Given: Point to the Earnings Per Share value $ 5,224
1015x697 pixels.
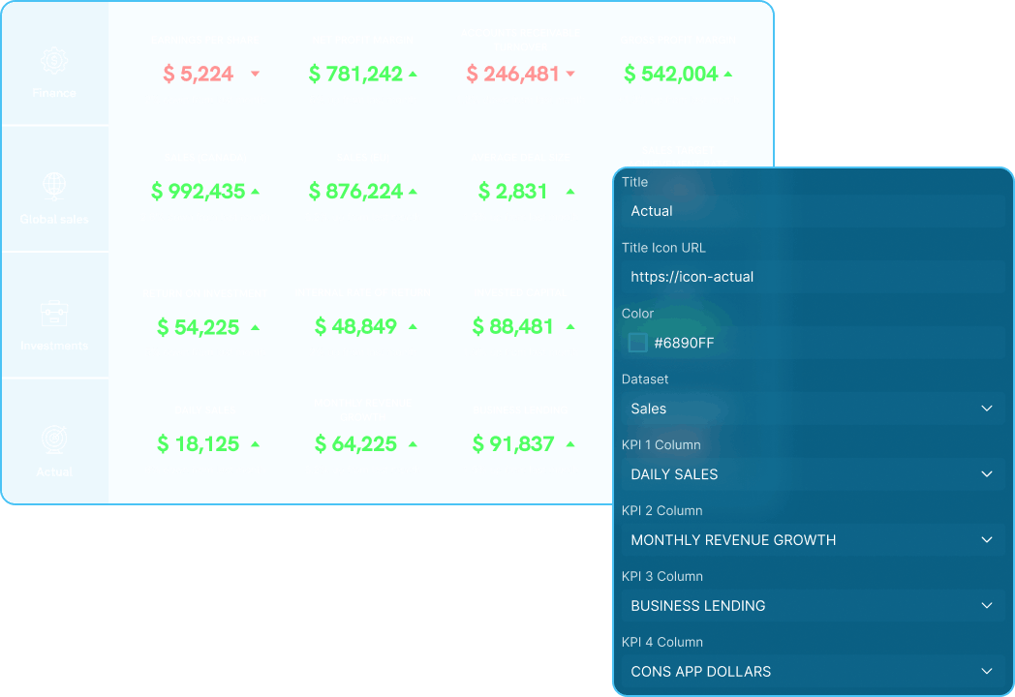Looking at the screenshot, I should point(198,74).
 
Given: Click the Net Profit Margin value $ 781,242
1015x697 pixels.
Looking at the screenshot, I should point(355,74).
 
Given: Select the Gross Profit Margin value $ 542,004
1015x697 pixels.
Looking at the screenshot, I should point(670,74).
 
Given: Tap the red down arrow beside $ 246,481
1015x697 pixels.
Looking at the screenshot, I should point(570,75).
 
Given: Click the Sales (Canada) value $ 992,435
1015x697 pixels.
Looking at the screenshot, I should point(198,192).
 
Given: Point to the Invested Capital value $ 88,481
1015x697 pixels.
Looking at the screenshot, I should point(513,327).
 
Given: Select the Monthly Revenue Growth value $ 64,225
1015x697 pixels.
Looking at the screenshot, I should point(355,444).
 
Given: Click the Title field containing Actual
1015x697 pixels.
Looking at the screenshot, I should point(812,211).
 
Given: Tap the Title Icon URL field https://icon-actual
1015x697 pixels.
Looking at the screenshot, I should point(812,277).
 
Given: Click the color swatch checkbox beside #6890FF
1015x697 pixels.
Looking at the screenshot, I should point(637,343).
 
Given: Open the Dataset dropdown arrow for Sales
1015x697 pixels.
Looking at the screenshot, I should point(986,409).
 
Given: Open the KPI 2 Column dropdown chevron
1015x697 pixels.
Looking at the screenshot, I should point(986,540).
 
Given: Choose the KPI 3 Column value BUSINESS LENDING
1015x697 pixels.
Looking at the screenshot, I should point(697,606).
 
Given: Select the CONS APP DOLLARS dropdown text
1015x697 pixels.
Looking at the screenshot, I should point(700,672).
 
